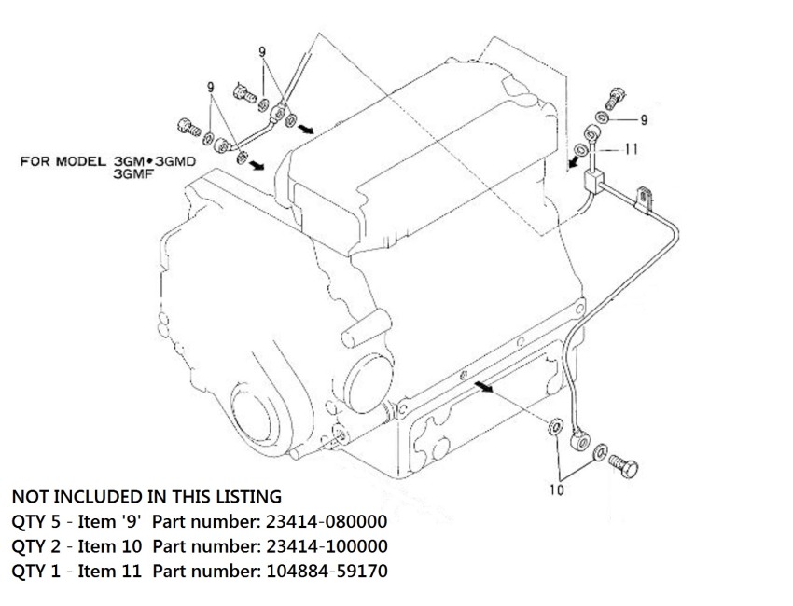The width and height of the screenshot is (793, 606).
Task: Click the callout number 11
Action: click(631, 147)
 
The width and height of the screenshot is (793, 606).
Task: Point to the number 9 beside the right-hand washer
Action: click(643, 119)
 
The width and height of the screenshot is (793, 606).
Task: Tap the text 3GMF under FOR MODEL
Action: click(129, 172)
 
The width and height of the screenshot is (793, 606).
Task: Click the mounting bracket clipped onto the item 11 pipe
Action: click(643, 198)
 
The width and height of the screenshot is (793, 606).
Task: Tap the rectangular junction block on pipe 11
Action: click(591, 180)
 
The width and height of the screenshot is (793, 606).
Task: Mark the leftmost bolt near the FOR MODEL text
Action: click(186, 125)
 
